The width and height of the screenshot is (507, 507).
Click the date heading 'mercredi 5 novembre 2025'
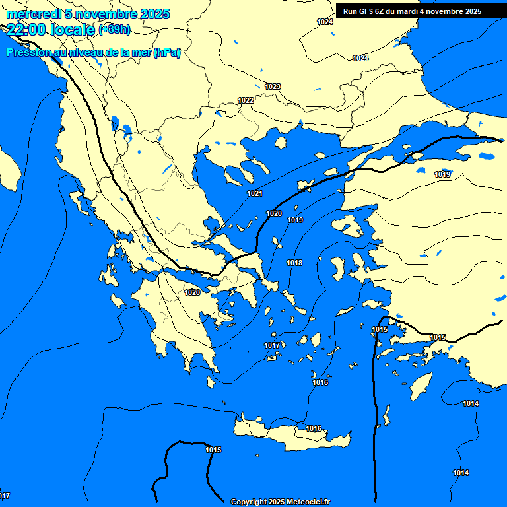88,14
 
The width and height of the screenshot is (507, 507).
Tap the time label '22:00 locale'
51,29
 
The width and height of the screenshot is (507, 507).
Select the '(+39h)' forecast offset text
114,30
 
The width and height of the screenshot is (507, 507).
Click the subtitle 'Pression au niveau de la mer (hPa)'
93,53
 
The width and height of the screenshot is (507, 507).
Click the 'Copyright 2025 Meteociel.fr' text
280,502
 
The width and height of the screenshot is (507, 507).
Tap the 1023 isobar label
273,86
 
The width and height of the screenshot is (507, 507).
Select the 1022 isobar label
246,100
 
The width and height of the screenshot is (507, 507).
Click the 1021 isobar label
255,193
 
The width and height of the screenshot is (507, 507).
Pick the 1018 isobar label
294,263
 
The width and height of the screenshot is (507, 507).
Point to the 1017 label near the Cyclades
272,345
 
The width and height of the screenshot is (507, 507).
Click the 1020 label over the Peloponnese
192,292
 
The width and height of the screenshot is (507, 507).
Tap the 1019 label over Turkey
443,174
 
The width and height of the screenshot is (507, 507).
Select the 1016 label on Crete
314,429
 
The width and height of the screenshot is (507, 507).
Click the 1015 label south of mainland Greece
213,450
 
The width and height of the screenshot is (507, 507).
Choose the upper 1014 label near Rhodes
471,403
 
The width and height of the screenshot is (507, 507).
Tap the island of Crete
290,436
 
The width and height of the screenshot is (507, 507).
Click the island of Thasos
281,143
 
